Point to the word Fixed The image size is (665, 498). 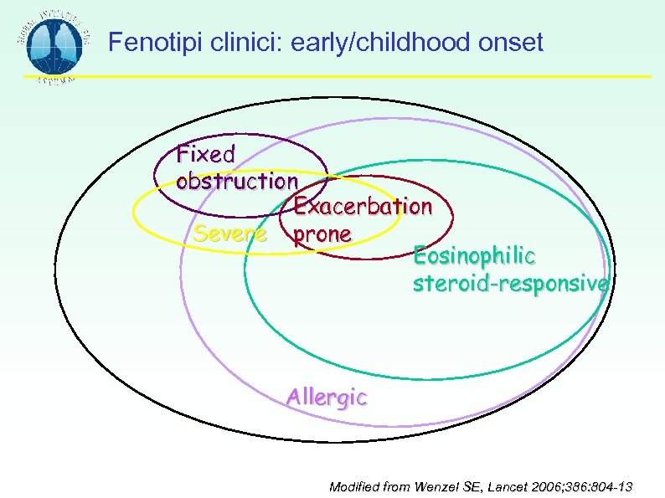pyautogui.click(x=206, y=155)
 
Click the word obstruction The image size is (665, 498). pyautogui.click(x=237, y=181)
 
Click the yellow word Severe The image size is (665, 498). pyautogui.click(x=230, y=234)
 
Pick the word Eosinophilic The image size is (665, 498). pyautogui.click(x=474, y=255)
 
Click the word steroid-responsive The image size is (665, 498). pyautogui.click(x=510, y=284)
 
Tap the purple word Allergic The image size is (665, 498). pyautogui.click(x=326, y=398)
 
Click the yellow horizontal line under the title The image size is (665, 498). pyautogui.click(x=377, y=77)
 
